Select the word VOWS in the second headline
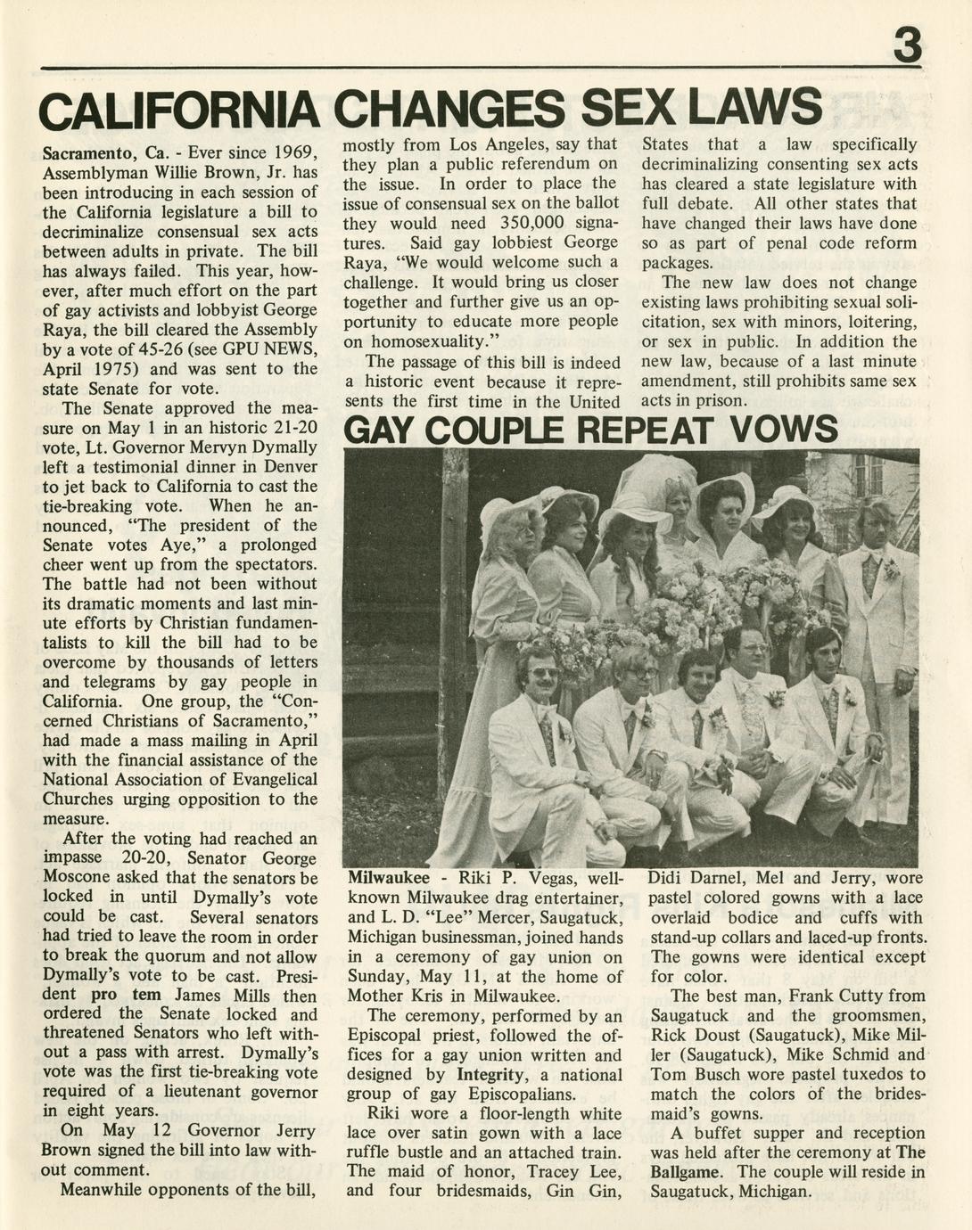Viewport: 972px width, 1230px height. pos(783,430)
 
